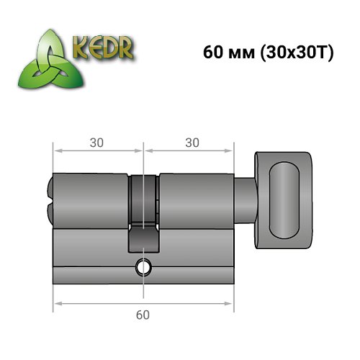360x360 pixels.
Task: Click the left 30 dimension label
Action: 97,143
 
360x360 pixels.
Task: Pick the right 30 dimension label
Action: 191,143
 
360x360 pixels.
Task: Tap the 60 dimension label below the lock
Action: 145,315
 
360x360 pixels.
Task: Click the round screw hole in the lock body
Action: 145,268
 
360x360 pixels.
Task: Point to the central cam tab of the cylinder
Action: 144,238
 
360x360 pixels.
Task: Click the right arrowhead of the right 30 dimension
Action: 232,152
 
